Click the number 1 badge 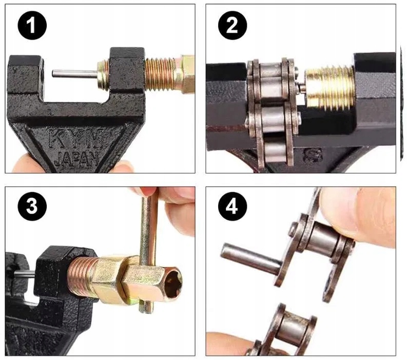point(32,25)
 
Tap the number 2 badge point(232,25)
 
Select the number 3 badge point(32,206)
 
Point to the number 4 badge point(232,206)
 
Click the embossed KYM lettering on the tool point(74,138)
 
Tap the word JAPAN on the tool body point(77,159)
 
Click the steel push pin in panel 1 point(75,74)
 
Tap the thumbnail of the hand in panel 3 point(142,192)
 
